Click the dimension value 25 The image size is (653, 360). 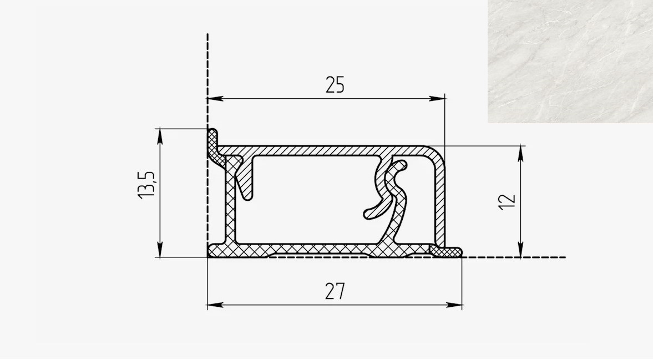(335, 84)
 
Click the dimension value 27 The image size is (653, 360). (335, 291)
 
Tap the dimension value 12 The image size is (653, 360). (507, 202)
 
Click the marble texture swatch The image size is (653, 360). (570, 61)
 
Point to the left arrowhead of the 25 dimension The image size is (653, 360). (215, 99)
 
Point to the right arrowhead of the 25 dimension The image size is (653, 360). (437, 99)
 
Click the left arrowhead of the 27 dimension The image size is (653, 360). (215, 305)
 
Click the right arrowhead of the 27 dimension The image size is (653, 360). (454, 305)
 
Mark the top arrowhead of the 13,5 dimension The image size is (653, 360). (160, 136)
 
